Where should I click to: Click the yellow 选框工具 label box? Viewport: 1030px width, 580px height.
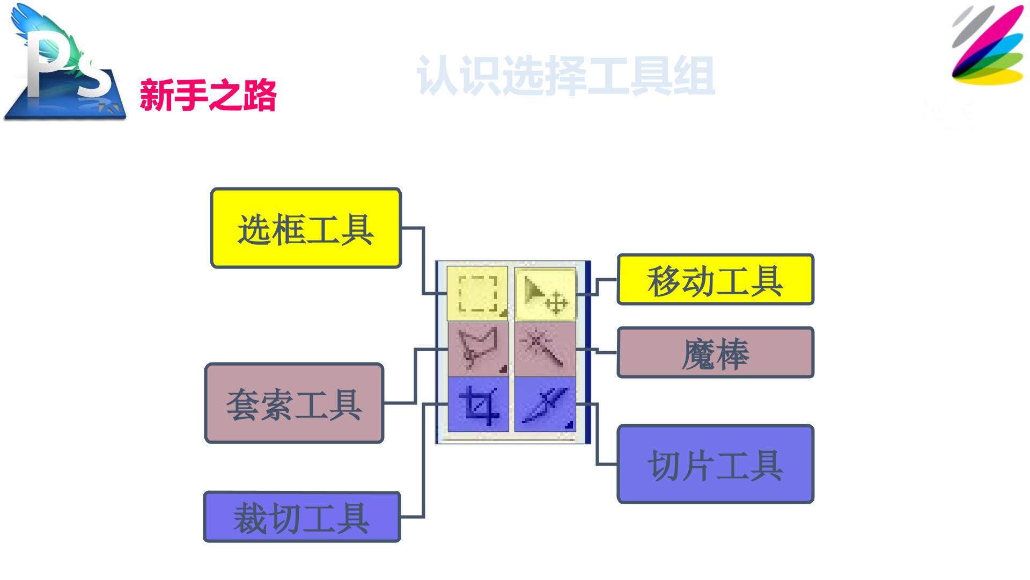(x=306, y=228)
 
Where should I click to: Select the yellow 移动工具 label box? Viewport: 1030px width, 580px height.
(x=716, y=280)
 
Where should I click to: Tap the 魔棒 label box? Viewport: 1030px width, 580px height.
(x=716, y=353)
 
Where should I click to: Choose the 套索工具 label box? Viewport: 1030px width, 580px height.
(x=295, y=403)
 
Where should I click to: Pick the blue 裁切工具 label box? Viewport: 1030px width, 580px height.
(x=302, y=517)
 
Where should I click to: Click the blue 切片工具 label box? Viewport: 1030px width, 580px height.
(x=716, y=465)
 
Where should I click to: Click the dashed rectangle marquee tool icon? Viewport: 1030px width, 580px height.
(x=477, y=293)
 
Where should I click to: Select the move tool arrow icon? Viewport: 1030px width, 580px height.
(x=545, y=293)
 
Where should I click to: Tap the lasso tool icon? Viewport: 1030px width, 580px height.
(x=477, y=349)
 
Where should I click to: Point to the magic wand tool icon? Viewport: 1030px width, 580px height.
(x=545, y=349)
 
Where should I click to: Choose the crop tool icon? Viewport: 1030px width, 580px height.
(x=477, y=404)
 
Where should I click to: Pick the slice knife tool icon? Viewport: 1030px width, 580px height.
(x=545, y=404)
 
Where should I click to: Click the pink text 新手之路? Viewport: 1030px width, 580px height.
(x=208, y=96)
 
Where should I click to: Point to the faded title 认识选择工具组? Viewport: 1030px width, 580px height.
(x=565, y=76)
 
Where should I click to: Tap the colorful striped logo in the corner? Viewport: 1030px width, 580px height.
(x=988, y=45)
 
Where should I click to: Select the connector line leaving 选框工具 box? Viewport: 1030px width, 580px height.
(x=424, y=260)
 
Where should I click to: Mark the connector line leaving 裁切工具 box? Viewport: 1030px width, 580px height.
(x=424, y=460)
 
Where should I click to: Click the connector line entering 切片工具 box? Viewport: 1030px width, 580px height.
(x=597, y=434)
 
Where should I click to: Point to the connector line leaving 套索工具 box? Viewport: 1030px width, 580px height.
(x=415, y=376)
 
